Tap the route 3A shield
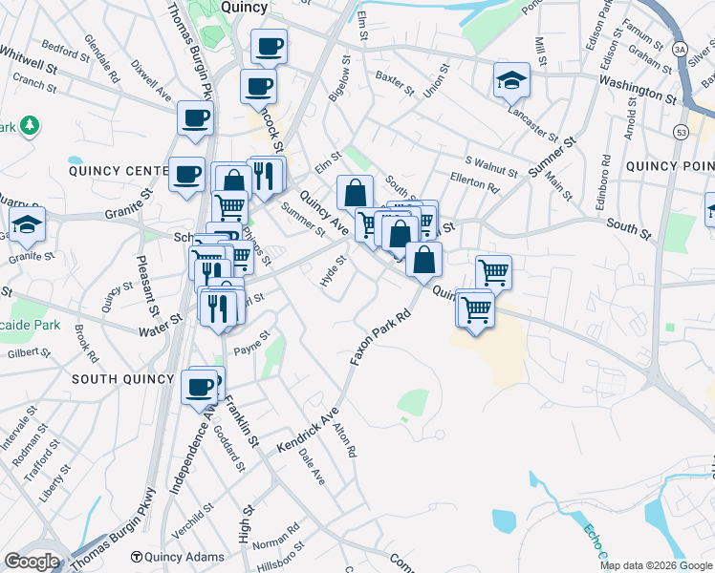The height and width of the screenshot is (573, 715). coord(680,48)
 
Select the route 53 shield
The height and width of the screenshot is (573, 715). coord(681,131)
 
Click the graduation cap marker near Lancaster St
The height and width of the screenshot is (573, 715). coord(511,83)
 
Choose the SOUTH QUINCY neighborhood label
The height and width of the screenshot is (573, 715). coord(123,379)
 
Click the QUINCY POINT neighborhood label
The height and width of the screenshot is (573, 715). coord(669,166)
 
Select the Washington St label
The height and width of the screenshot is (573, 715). coord(639,93)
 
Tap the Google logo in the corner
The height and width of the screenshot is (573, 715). coord(32,562)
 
